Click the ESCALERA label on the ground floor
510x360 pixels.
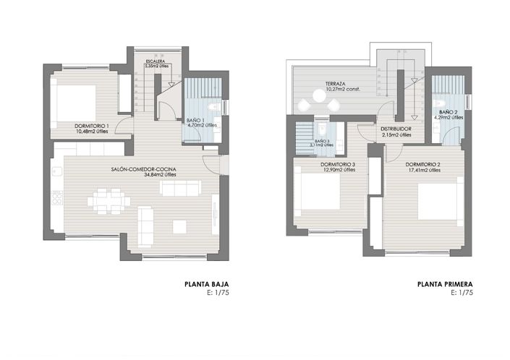coord(155,61)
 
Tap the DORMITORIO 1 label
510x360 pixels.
coord(91,126)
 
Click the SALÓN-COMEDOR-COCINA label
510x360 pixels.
coord(144,169)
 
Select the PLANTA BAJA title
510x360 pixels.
coord(208,285)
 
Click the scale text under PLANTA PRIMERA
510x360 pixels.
coord(462,293)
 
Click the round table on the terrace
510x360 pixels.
coord(318,95)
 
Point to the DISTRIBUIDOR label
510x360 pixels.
coord(396,129)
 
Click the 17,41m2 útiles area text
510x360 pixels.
coord(425,171)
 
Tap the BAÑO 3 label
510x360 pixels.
coord(322,140)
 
